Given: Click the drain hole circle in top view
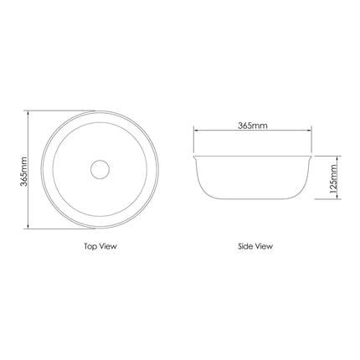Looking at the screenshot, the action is (x=100, y=160).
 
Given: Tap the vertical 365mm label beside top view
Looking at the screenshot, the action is (x=23, y=172).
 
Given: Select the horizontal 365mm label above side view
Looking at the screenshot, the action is (x=253, y=126).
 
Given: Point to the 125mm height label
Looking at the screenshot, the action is (x=333, y=179).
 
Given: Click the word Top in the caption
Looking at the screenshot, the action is (x=90, y=246).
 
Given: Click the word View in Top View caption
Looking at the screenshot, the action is (x=108, y=246).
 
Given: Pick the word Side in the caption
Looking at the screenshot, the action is (x=244, y=246).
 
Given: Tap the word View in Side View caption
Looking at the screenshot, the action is (x=263, y=246).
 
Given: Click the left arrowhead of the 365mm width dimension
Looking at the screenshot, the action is (x=196, y=130).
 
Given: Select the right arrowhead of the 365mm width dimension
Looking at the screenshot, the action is (x=309, y=130).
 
